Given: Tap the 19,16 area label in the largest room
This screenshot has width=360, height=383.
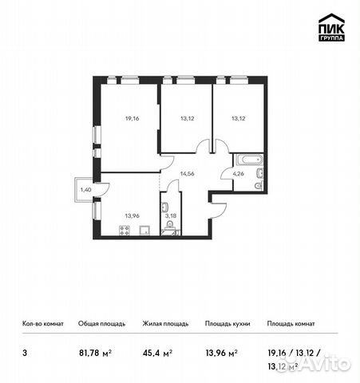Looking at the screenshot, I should pyautogui.click(x=133, y=118).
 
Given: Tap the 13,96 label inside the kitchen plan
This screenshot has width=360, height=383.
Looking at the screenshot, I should pyautogui.click(x=133, y=215).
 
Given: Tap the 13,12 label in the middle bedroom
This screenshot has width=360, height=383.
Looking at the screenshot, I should pyautogui.click(x=187, y=118).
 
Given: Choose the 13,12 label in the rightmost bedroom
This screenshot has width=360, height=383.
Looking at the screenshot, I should pyautogui.click(x=239, y=118).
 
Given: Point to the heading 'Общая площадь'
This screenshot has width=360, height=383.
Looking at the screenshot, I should pyautogui.click(x=99, y=324).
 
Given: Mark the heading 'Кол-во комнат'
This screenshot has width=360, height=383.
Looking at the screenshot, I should pyautogui.click(x=44, y=324).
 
